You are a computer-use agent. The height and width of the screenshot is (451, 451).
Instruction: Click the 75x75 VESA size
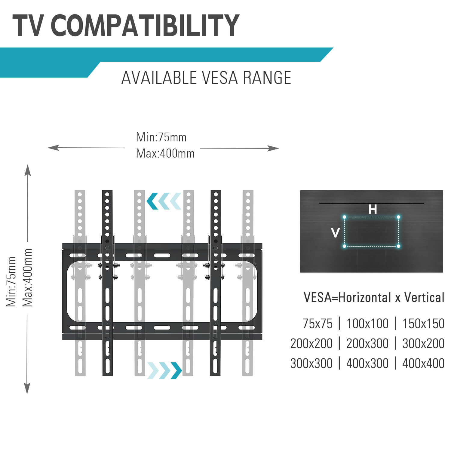(x=318, y=324)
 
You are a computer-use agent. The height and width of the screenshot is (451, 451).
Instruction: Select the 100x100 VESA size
(x=367, y=324)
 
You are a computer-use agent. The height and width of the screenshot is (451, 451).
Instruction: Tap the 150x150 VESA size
(x=423, y=324)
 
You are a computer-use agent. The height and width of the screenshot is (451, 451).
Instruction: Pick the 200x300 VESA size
(x=367, y=344)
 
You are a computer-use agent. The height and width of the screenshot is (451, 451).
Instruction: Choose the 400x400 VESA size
(x=423, y=364)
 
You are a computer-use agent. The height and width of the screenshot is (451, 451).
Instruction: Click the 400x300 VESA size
(x=367, y=364)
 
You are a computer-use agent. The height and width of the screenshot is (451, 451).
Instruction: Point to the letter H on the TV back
(x=373, y=209)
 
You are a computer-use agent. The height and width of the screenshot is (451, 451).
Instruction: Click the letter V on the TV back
(x=335, y=232)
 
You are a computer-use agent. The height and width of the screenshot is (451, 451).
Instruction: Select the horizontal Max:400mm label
(x=165, y=154)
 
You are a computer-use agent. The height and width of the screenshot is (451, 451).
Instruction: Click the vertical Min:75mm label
(x=11, y=282)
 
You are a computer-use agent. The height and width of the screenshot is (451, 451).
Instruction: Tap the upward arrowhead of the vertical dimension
(x=28, y=170)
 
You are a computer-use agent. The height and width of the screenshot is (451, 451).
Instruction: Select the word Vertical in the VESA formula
(x=424, y=297)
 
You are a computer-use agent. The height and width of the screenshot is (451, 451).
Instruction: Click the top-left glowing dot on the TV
(x=345, y=217)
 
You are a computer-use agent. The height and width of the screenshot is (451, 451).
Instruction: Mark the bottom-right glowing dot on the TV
(x=399, y=246)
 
